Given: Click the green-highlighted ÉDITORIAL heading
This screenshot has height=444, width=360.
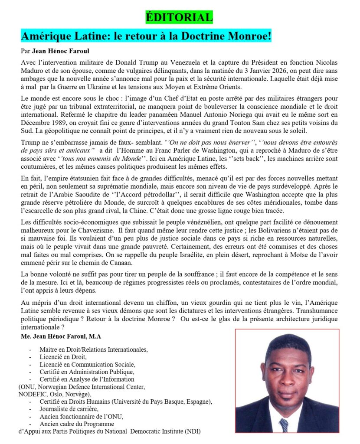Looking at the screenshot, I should [180, 17].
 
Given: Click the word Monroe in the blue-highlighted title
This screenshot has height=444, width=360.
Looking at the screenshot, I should [245, 35].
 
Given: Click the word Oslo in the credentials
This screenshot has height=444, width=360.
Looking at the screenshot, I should [59, 394].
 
